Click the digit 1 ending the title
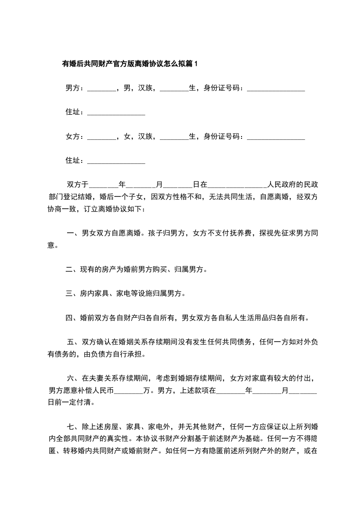click(196, 64)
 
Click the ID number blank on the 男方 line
click(276, 88)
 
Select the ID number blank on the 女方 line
click(276, 137)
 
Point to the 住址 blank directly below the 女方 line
click(116, 161)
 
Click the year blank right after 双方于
click(104, 185)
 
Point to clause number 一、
click(72, 234)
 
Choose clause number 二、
click(72, 270)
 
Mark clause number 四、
click(72, 318)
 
